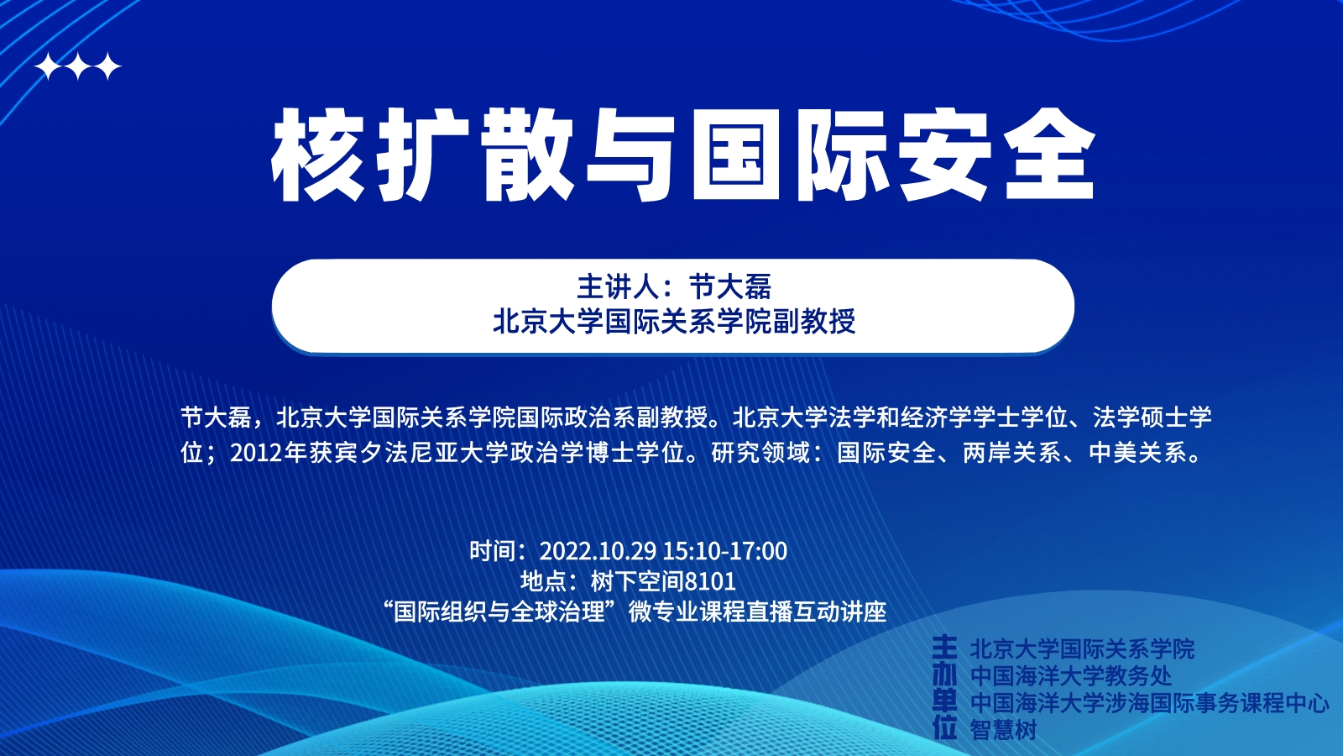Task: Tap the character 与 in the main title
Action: tap(630, 155)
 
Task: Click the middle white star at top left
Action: tap(79, 66)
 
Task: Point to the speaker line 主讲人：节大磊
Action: tap(673, 286)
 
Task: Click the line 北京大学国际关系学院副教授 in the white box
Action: tap(673, 322)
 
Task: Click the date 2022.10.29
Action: tap(598, 551)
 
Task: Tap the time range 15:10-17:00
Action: tap(725, 551)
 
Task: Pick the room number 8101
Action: tap(710, 581)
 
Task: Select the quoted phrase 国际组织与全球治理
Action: tap(499, 612)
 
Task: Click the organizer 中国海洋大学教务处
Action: tap(1071, 676)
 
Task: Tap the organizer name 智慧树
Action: tap(1004, 730)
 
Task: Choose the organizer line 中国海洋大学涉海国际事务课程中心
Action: tap(1149, 703)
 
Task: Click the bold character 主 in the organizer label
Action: tap(945, 648)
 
